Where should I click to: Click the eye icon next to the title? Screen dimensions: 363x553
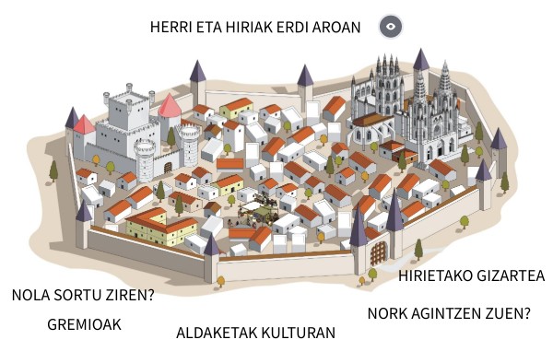391,27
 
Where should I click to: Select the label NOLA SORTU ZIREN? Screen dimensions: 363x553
82,296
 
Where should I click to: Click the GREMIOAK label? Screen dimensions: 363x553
84,325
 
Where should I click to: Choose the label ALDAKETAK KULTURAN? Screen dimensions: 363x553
255,333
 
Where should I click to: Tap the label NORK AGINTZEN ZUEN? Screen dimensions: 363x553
449,313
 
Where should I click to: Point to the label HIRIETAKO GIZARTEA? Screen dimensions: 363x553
471,276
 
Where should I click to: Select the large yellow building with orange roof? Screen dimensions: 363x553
161,224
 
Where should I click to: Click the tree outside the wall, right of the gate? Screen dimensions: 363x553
419,249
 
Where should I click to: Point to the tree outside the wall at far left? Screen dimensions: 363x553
54,170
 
